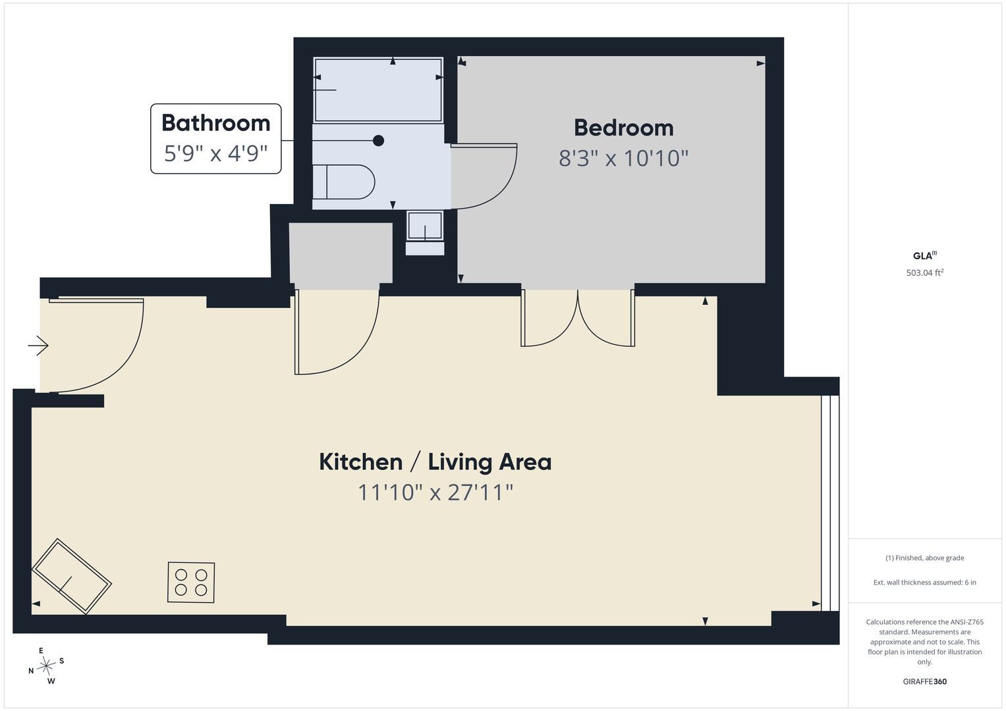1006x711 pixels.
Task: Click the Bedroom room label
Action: pyautogui.click(x=623, y=128)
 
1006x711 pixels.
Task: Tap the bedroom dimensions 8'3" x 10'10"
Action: pyautogui.click(x=623, y=158)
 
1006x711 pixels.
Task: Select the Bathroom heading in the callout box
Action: pyautogui.click(x=215, y=123)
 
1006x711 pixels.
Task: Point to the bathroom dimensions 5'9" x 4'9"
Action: pyautogui.click(x=215, y=153)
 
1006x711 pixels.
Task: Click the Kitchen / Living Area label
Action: pyautogui.click(x=435, y=462)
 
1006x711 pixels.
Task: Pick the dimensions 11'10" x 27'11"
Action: pyautogui.click(x=435, y=492)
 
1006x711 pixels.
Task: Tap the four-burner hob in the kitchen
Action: pyautogui.click(x=191, y=582)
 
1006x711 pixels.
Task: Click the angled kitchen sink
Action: pyautogui.click(x=71, y=576)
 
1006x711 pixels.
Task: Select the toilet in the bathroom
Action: pyautogui.click(x=343, y=182)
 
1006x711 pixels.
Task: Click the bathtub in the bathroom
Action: pyautogui.click(x=378, y=90)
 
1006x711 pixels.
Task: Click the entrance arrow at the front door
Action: pyautogui.click(x=38, y=346)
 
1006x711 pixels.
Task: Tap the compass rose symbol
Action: pyautogui.click(x=46, y=666)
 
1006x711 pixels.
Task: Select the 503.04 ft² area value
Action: pyautogui.click(x=925, y=273)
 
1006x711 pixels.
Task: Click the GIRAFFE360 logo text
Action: pyautogui.click(x=925, y=681)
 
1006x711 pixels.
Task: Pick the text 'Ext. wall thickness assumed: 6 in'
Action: pyautogui.click(x=925, y=582)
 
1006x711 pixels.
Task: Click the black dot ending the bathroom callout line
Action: pyautogui.click(x=379, y=140)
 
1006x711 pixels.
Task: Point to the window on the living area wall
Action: pyautogui.click(x=830, y=503)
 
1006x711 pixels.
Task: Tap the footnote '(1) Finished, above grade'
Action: pyautogui.click(x=925, y=558)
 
